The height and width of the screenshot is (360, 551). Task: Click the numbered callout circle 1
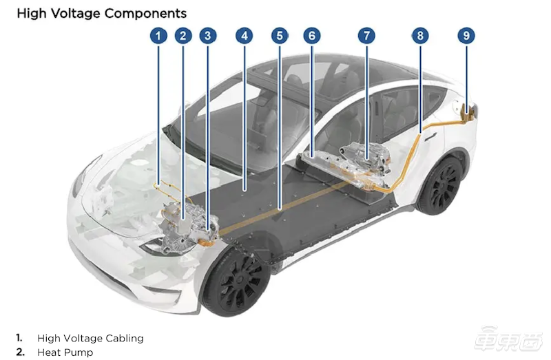click(158, 36)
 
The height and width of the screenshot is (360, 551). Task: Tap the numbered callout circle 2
click(183, 36)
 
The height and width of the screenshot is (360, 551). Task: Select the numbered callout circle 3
click(208, 36)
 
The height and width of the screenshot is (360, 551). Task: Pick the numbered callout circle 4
click(245, 36)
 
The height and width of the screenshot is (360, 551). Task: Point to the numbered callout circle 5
click(280, 36)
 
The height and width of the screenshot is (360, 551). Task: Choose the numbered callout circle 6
click(312, 36)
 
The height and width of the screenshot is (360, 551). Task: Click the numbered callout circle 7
click(366, 36)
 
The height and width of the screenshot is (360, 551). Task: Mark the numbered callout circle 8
click(420, 36)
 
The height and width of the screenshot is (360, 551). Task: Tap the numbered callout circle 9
click(466, 36)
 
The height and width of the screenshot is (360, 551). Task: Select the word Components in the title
click(145, 14)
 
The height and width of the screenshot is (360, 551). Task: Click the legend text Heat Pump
click(65, 352)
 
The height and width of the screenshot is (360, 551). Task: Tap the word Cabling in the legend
click(125, 338)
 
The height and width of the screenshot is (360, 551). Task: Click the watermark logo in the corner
click(509, 339)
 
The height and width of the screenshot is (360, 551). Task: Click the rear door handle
click(430, 137)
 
